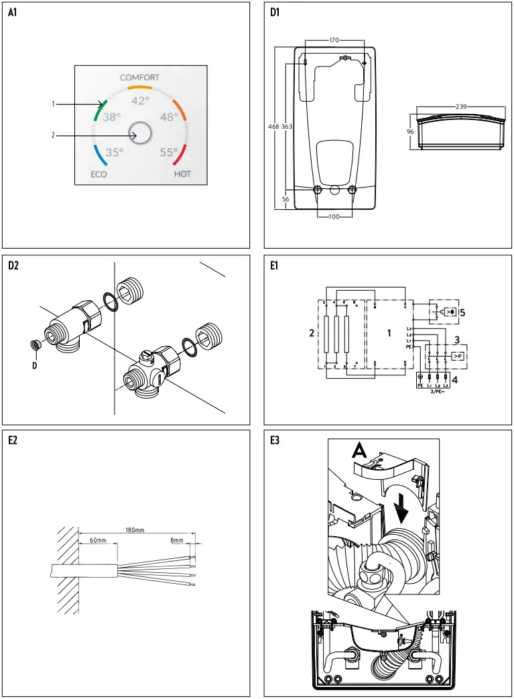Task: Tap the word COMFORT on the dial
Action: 139,78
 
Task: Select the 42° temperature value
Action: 140,101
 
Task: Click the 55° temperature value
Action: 169,152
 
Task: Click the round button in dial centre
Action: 140,133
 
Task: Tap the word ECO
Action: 99,174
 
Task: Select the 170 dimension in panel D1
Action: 334,41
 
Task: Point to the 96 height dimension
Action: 410,132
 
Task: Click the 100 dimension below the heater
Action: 335,216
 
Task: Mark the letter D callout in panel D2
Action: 34,366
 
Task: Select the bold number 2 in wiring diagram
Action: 310,333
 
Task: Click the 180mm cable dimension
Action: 135,530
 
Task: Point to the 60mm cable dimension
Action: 98,539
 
